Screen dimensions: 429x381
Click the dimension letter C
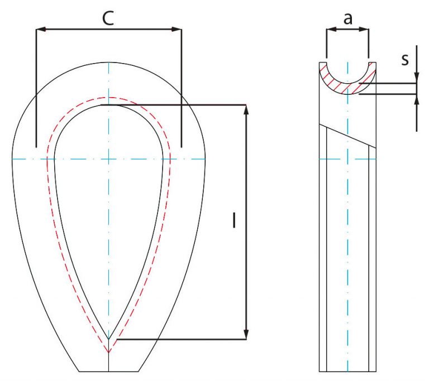coord(108,18)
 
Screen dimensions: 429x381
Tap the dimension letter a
coord(348,19)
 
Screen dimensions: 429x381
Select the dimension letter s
coord(405,59)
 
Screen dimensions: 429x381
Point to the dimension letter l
coord(234,220)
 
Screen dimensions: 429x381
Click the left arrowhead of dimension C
coord(41,29)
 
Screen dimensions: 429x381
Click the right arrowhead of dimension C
coord(177,29)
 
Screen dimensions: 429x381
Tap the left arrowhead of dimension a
coord(331,29)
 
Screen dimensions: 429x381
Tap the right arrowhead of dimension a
coord(364,29)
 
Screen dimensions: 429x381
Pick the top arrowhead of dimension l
coord(246,109)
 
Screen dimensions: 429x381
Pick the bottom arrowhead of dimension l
coord(246,335)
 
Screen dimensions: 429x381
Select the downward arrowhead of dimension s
coord(417,78)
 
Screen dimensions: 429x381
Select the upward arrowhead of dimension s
coord(417,99)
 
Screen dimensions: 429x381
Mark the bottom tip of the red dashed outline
coord(108,353)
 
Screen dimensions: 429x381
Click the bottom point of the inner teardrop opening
coord(108,340)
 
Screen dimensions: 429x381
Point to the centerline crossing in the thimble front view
coord(108,159)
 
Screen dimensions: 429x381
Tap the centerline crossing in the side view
coord(347,159)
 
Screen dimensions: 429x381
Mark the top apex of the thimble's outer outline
coord(108,62)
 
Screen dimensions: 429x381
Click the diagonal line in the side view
coord(348,136)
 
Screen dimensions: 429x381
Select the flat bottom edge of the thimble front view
coord(108,372)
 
